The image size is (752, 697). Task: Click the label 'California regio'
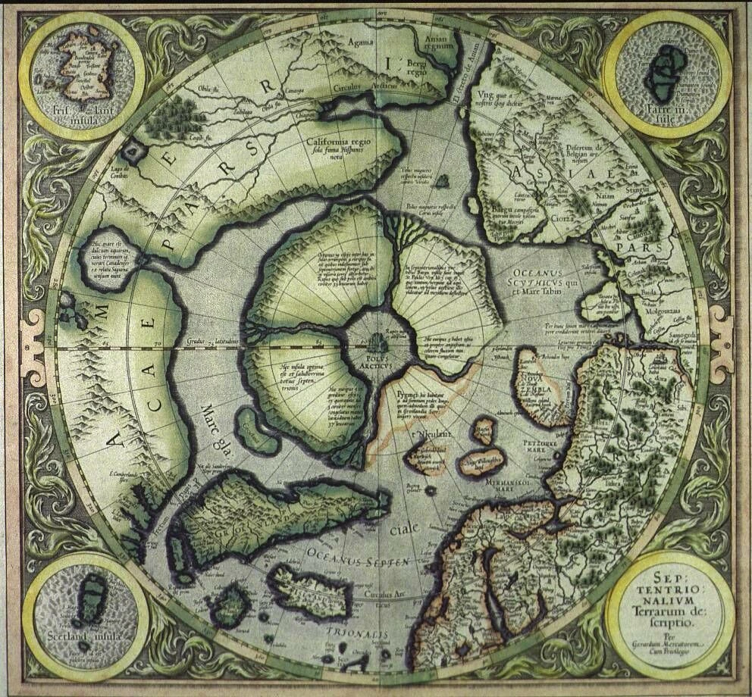point(331,142)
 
